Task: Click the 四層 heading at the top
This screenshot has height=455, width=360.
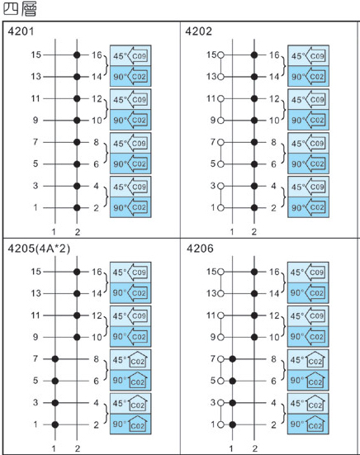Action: point(20,9)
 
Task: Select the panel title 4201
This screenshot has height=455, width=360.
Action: point(21,31)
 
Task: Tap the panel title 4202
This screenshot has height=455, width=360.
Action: point(199,31)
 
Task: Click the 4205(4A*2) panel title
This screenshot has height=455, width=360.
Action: point(39,249)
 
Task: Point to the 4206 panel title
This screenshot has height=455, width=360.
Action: point(200,249)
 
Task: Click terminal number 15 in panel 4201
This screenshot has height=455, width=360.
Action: point(36,55)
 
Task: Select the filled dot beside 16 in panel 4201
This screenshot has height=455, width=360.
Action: point(77,55)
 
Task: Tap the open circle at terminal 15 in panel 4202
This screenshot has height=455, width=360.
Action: point(220,55)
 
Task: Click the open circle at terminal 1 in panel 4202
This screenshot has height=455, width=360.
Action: point(220,208)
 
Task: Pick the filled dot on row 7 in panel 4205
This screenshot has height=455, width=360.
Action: point(55,359)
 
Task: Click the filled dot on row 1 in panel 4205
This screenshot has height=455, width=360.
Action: point(55,424)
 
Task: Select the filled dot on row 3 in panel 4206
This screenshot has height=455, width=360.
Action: point(232,403)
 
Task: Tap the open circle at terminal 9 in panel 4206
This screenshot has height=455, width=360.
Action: point(220,337)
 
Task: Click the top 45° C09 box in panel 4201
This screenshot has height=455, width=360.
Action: point(130,55)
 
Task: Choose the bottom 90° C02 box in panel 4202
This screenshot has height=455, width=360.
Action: point(308,207)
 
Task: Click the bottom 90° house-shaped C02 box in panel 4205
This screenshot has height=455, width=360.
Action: point(130,424)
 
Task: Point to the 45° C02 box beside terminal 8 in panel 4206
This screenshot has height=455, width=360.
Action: point(308,360)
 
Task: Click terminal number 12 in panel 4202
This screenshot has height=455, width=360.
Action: point(274,98)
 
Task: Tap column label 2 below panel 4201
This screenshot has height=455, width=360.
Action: point(77,232)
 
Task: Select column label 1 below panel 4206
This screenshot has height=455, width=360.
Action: point(231,448)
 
